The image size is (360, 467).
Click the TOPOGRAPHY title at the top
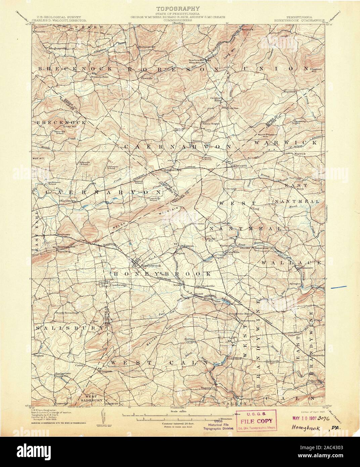(178, 8)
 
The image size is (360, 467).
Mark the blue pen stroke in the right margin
(339, 287)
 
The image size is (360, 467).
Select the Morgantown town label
(172, 170)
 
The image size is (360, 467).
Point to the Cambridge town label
(118, 285)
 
